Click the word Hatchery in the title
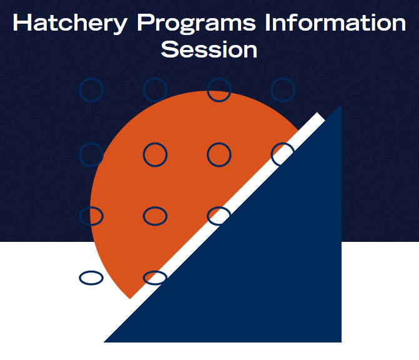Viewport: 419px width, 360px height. point(69,23)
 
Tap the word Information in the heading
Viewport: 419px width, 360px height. point(335,23)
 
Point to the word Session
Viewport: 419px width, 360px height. point(209,49)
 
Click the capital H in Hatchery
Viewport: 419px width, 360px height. point(22,23)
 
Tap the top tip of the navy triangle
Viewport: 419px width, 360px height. point(340,107)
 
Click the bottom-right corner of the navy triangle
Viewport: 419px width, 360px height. point(340,341)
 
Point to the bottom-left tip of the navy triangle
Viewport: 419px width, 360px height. point(106,341)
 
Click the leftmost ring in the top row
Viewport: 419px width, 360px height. point(91,90)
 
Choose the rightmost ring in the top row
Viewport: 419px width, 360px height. point(283,90)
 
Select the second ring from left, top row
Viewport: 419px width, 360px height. point(155,90)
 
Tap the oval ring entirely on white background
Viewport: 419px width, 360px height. point(91,277)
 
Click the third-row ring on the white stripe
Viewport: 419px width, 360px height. point(219,216)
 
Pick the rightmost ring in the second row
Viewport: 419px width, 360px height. point(283,153)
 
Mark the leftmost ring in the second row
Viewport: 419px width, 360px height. point(91,154)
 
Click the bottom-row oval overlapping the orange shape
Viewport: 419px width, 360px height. point(155,277)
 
